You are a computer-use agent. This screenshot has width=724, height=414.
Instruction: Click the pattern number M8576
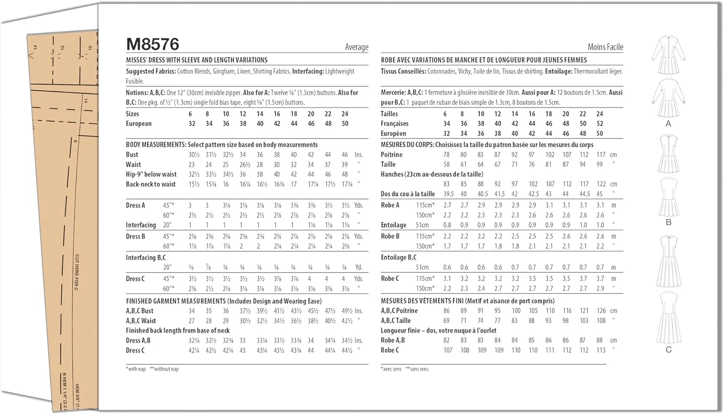pyautogui.click(x=153, y=44)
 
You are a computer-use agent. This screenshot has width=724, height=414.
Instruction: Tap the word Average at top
pyautogui.click(x=356, y=47)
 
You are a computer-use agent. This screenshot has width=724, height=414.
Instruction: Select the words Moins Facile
pyautogui.click(x=605, y=47)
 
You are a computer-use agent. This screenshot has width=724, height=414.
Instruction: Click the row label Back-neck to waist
pyautogui.click(x=151, y=184)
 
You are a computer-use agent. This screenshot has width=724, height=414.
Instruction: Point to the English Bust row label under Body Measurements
pyautogui.click(x=132, y=155)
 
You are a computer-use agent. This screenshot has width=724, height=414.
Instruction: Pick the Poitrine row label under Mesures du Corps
pyautogui.click(x=391, y=155)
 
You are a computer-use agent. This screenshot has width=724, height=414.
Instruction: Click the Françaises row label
pyautogui.click(x=394, y=124)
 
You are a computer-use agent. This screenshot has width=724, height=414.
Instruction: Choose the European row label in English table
pyautogui.click(x=139, y=124)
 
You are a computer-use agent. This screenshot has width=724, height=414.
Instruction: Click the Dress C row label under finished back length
pyautogui.click(x=135, y=350)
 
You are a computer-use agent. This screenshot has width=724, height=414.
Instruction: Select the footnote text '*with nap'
pyautogui.click(x=136, y=369)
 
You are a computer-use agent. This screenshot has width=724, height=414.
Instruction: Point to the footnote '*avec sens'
pyautogui.click(x=391, y=369)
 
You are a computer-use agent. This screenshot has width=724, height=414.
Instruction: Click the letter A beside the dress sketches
pyautogui.click(x=668, y=124)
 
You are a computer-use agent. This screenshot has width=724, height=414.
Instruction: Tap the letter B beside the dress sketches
pyautogui.click(x=668, y=222)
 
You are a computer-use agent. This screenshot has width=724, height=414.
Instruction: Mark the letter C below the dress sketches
pyautogui.click(x=668, y=350)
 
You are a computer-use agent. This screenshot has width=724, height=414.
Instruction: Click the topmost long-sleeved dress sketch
pyautogui.click(x=668, y=55)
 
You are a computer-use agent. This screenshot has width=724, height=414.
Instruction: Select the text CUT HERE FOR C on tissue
pyautogui.click(x=77, y=273)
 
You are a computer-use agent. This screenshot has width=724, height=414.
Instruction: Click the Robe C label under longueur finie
pyautogui.click(x=390, y=350)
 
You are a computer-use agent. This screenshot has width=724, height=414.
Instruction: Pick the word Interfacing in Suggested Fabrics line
pyautogui.click(x=308, y=71)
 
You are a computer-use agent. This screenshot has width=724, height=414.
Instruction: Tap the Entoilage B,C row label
pyautogui.click(x=398, y=258)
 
